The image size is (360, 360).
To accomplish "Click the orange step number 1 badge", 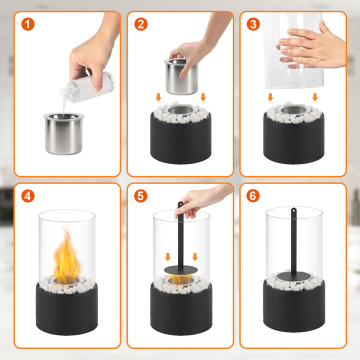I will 28,24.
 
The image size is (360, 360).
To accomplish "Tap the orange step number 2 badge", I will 141,24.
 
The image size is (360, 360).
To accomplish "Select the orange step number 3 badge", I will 253,24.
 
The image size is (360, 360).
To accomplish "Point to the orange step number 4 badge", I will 28,196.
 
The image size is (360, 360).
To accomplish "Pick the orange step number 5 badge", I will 141,196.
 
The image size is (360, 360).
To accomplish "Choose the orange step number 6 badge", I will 253,196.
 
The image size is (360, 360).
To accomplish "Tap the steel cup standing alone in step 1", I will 63,133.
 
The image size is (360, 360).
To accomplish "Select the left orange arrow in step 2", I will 158,96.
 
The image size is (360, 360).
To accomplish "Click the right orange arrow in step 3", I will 314,96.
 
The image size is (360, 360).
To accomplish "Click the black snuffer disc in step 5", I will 180,270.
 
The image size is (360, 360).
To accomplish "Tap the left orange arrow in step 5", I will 167,256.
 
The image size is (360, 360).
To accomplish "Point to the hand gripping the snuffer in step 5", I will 200,200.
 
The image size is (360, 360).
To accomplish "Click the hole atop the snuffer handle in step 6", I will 294,210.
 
